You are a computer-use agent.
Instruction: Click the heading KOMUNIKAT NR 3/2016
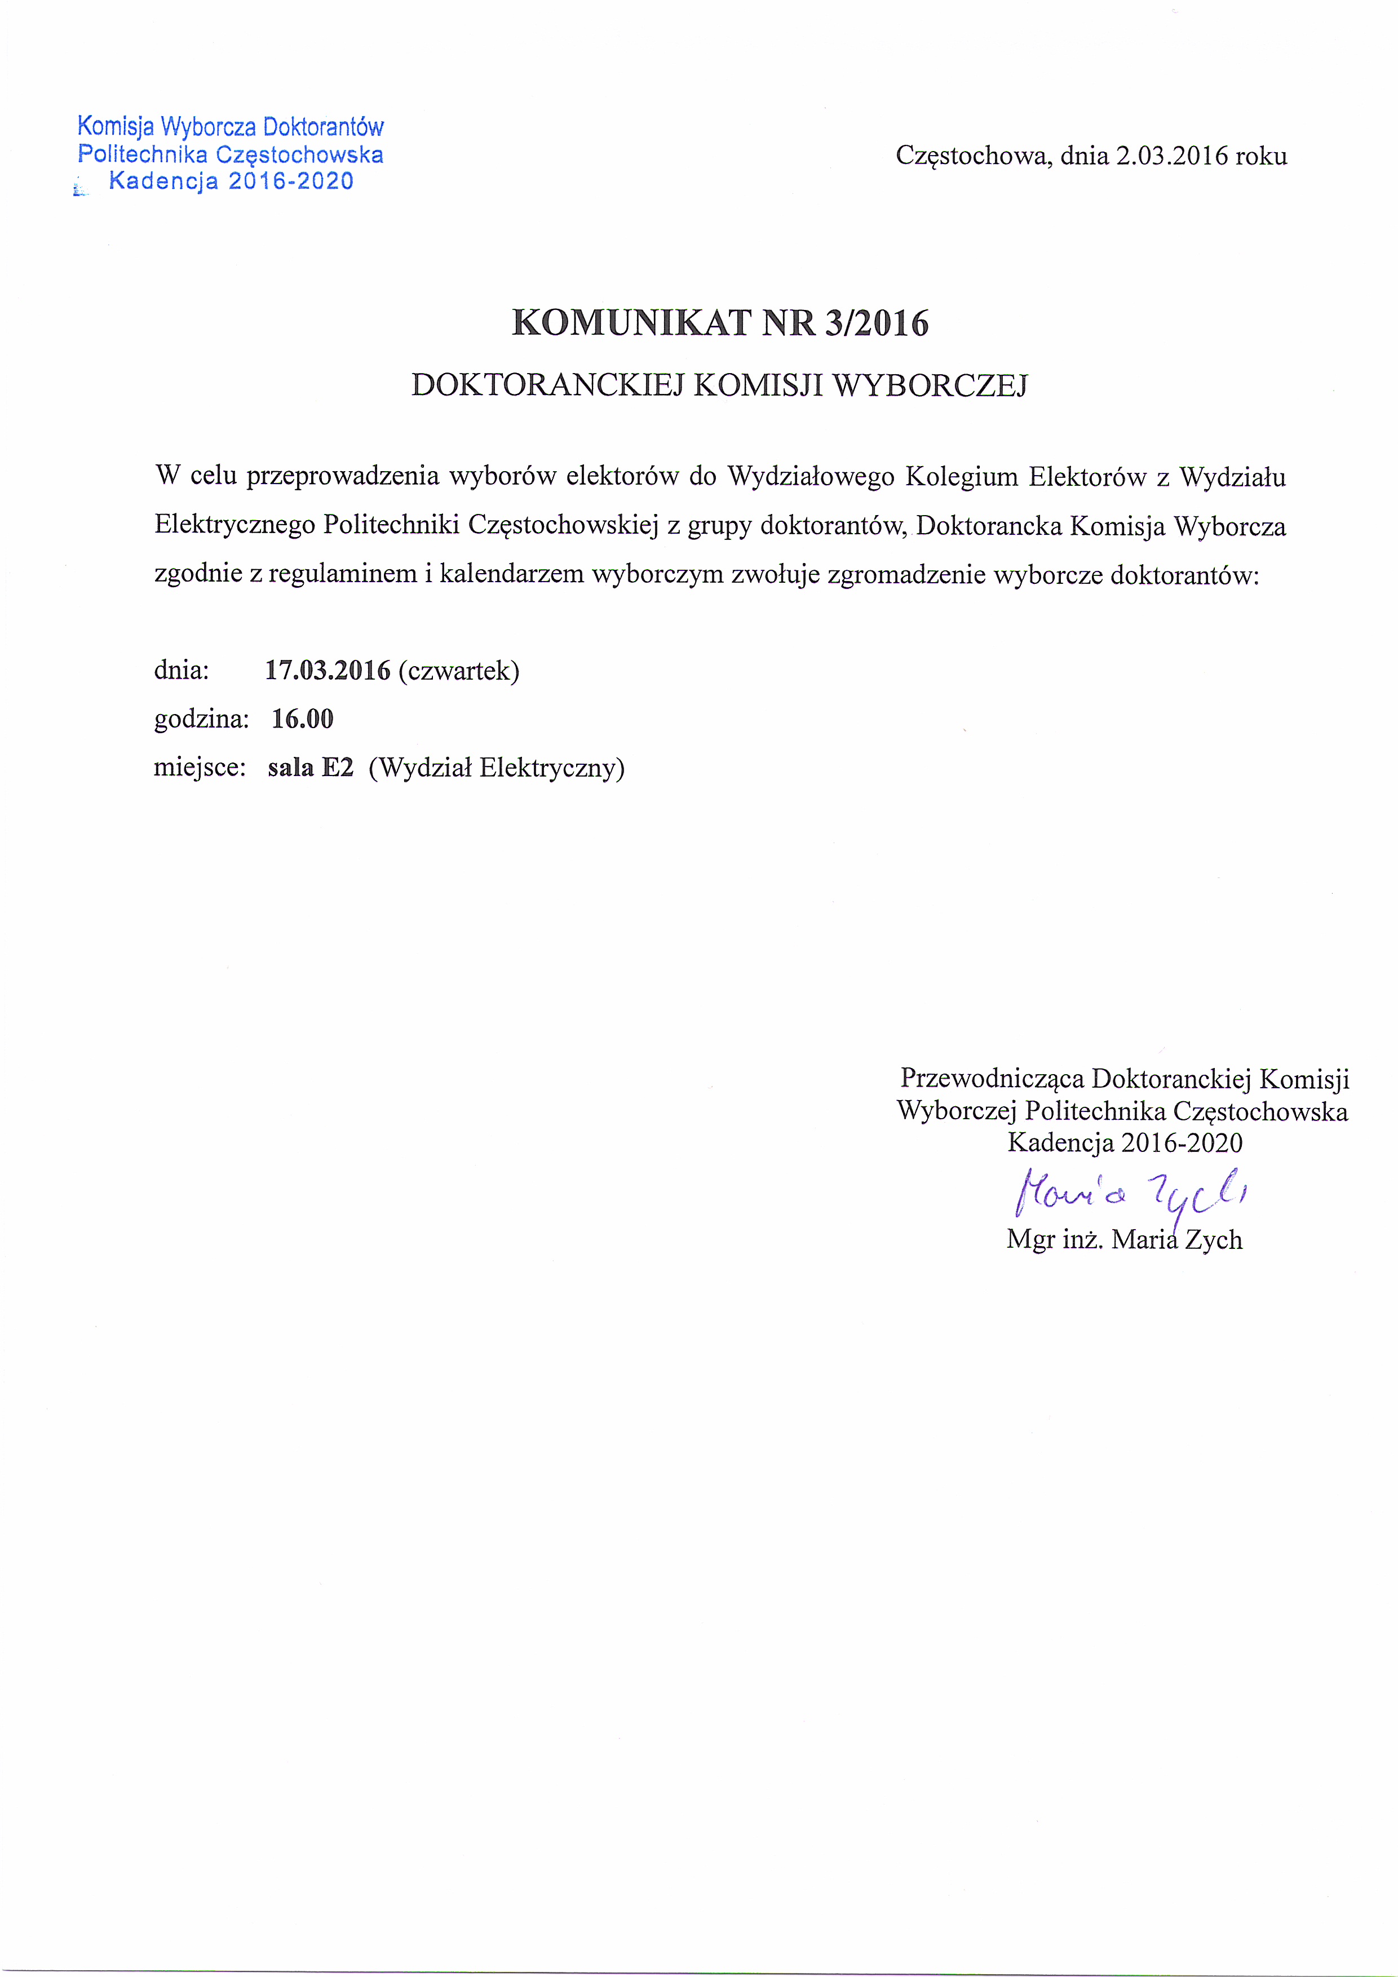point(720,323)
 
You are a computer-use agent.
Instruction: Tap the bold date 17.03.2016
point(328,671)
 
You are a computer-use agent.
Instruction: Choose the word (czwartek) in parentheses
point(458,671)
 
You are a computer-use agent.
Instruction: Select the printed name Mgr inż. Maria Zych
point(1124,1240)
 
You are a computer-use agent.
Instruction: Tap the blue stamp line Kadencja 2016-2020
point(231,181)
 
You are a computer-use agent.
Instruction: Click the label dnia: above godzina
point(182,671)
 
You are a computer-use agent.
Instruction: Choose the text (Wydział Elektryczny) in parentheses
point(496,767)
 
